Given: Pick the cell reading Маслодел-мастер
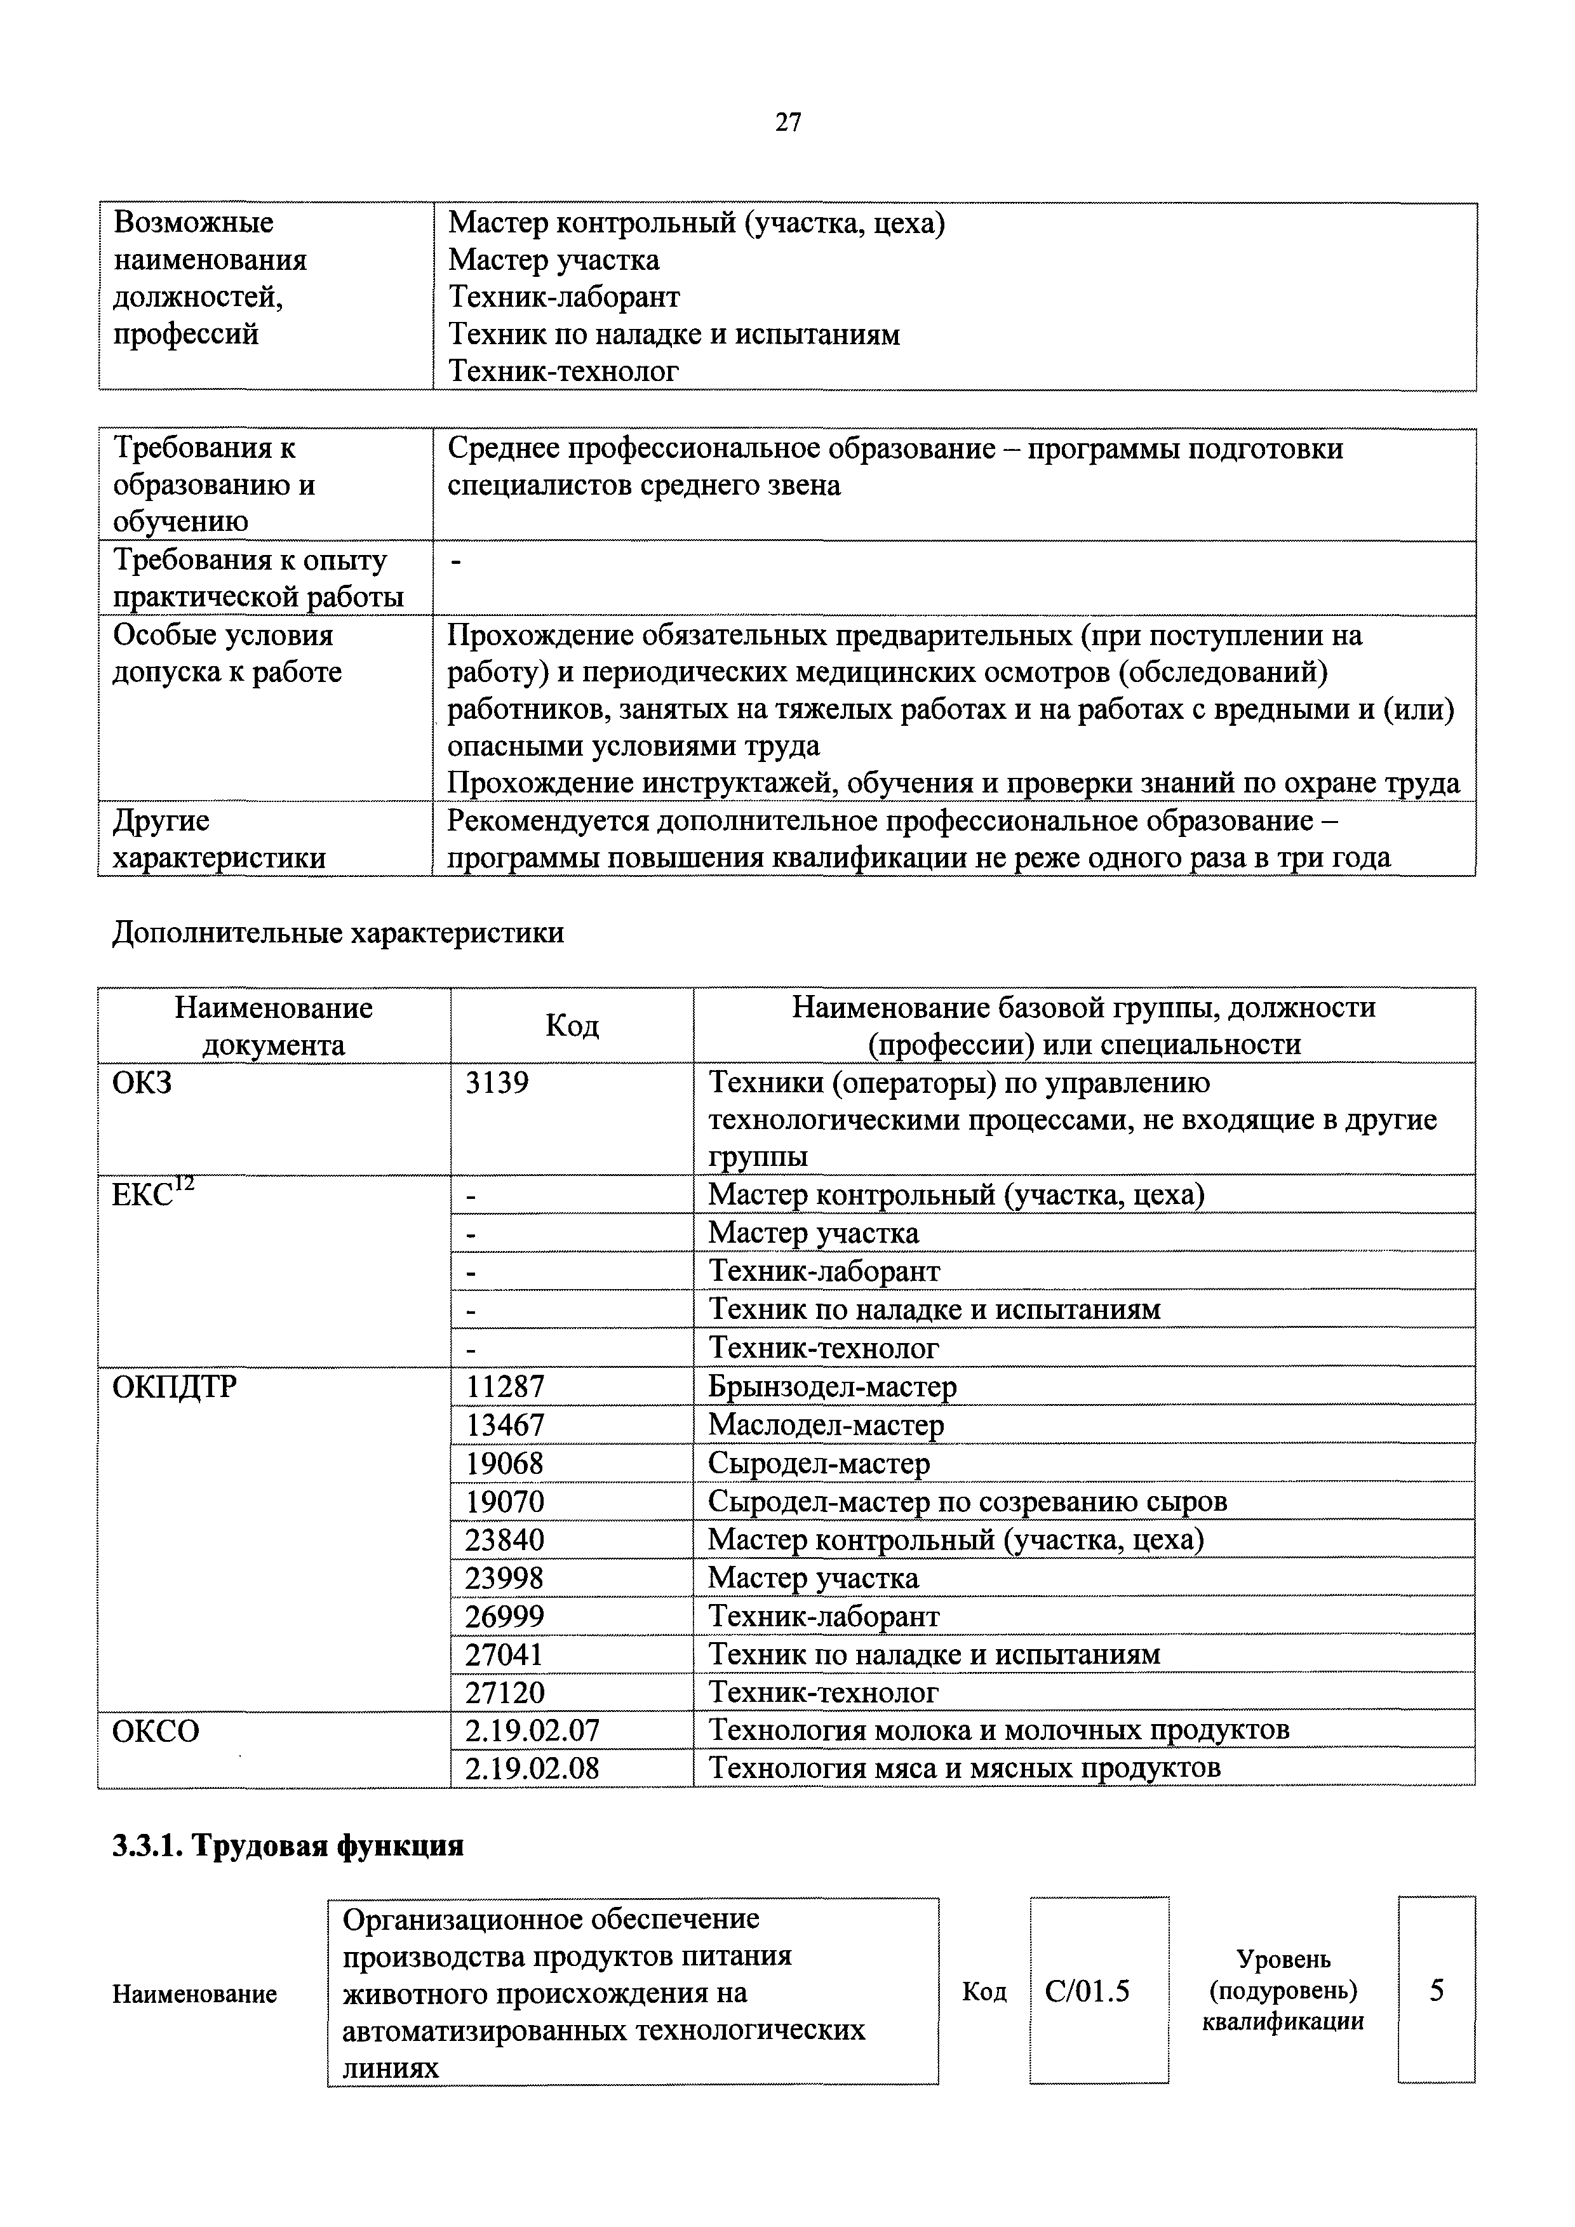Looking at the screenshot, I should click(826, 1425).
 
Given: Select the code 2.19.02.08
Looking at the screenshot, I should click(532, 1769).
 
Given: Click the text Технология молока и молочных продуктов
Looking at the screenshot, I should click(998, 1730).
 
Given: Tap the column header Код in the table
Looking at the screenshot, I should click(572, 1026).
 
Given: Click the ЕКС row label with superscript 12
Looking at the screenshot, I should click(153, 1193).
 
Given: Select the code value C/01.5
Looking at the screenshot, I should click(1087, 1991).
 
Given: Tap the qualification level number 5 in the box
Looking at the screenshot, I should click(1437, 1991).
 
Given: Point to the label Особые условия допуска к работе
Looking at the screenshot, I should click(228, 653).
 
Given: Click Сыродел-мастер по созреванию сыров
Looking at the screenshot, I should click(967, 1501).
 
